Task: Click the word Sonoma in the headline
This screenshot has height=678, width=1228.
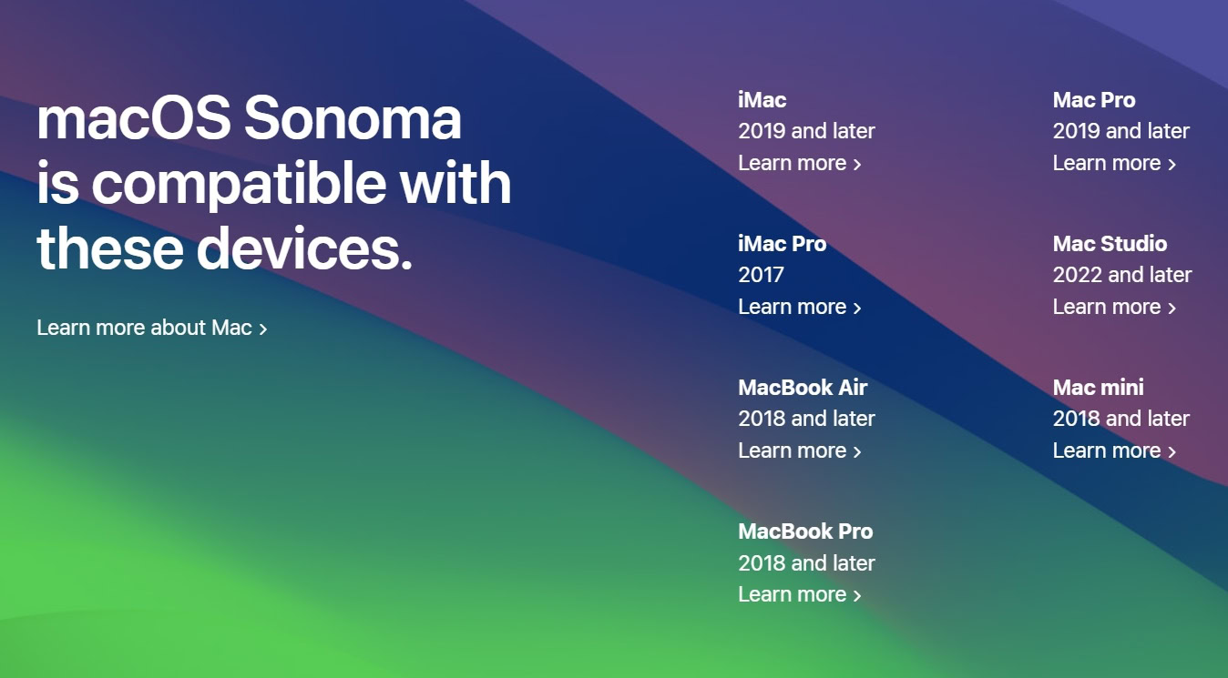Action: (x=353, y=118)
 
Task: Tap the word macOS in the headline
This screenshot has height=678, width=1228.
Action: (x=134, y=118)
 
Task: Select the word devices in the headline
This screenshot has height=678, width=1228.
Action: (x=304, y=248)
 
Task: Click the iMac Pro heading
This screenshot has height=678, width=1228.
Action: (x=782, y=244)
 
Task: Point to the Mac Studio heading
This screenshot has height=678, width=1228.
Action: (x=1110, y=244)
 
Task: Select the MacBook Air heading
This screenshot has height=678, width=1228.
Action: (x=803, y=387)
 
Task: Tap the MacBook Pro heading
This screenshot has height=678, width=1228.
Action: (x=805, y=531)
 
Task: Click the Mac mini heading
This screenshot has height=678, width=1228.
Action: (x=1098, y=387)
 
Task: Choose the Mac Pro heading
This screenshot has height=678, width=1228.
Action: (x=1094, y=100)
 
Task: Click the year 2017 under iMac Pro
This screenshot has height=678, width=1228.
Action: (x=761, y=274)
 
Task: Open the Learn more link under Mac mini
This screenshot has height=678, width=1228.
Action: (x=1114, y=450)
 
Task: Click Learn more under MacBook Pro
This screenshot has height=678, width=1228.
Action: (x=799, y=594)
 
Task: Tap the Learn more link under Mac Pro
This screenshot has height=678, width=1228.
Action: (x=1114, y=163)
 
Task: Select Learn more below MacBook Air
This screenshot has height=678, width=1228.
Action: (x=799, y=450)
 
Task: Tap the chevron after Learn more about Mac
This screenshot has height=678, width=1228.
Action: (x=263, y=329)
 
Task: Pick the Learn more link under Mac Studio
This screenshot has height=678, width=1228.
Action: (x=1114, y=307)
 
